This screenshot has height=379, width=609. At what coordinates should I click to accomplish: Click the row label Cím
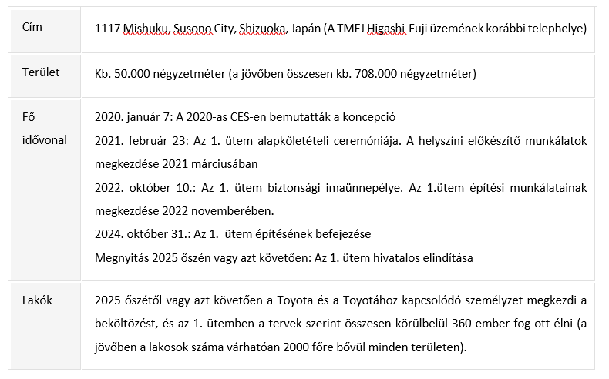click(x=32, y=27)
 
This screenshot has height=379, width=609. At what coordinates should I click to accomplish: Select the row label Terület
click(x=40, y=72)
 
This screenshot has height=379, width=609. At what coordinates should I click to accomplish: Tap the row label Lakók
click(x=36, y=300)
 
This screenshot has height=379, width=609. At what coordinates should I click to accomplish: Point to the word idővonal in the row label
click(x=44, y=139)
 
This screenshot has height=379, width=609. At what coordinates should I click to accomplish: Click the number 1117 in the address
click(x=107, y=28)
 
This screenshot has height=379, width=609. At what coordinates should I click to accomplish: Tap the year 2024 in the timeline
click(x=108, y=233)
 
